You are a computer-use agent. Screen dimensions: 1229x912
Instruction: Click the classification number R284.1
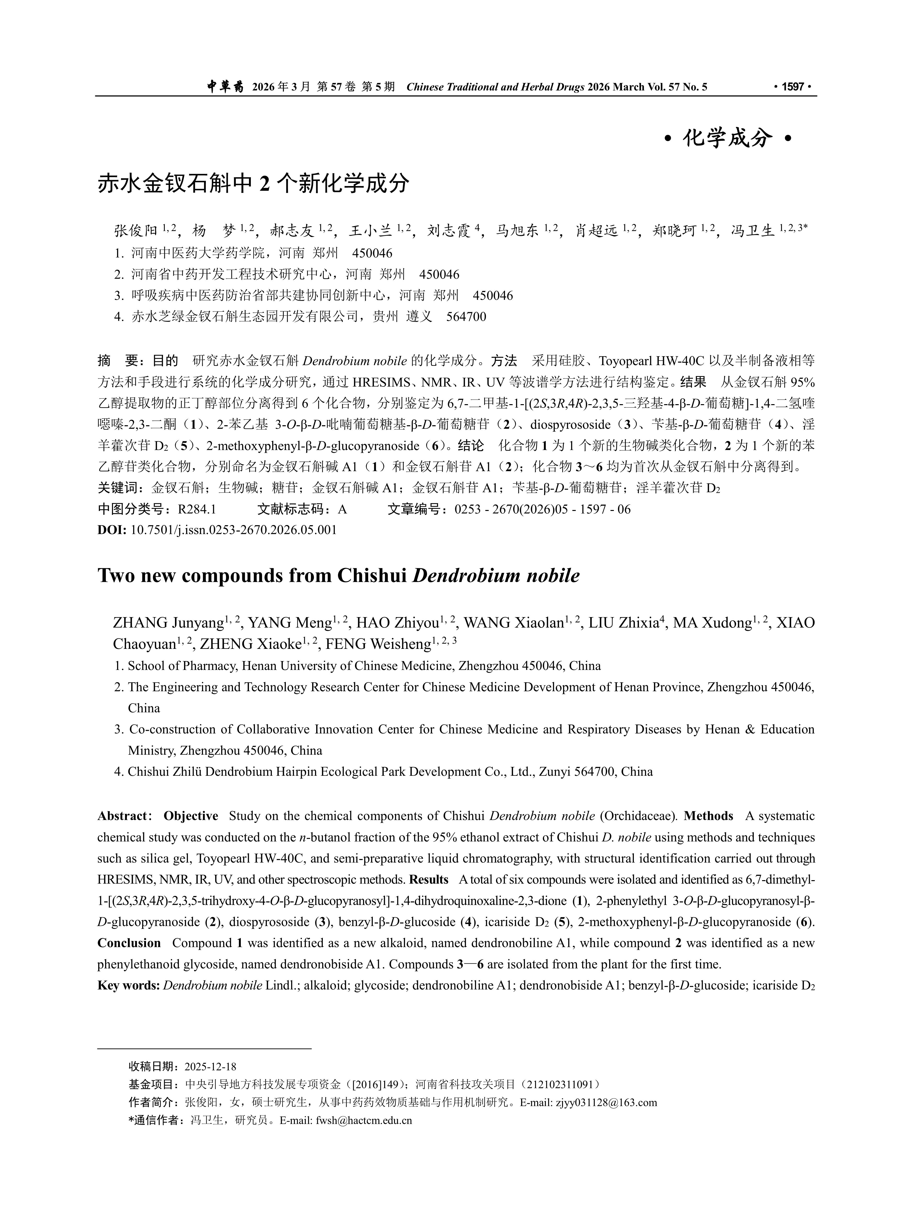click(197, 509)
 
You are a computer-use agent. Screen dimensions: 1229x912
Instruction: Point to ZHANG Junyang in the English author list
click(168, 623)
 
